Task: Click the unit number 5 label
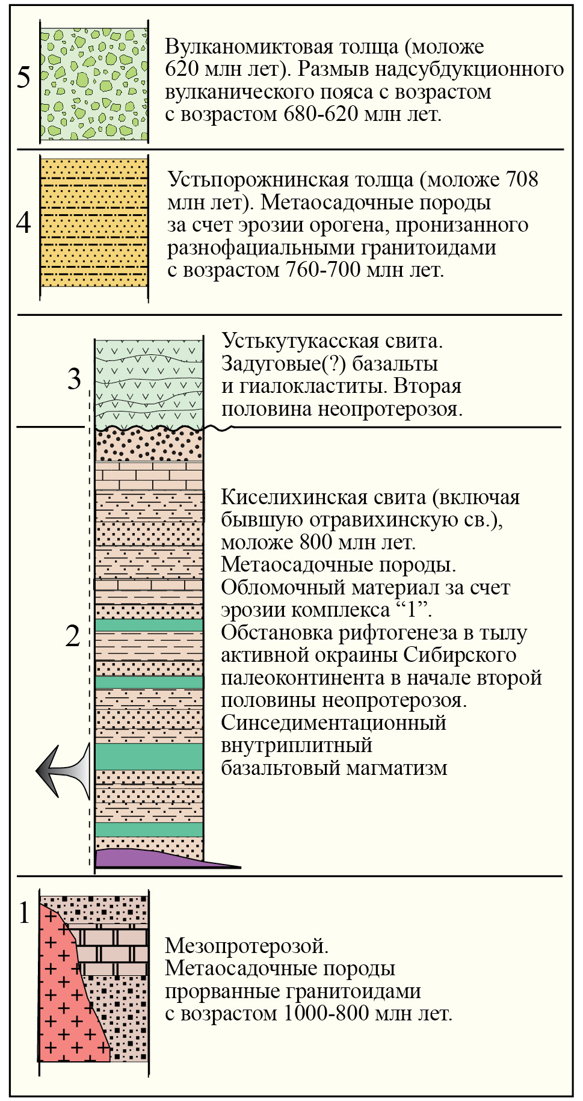pos(23,78)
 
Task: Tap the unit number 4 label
pos(23,223)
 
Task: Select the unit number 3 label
pos(74,379)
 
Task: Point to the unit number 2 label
pos(73,637)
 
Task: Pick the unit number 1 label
pos(24,913)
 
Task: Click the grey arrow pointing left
pos(63,771)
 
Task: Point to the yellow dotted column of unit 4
pos(94,223)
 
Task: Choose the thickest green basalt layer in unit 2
pos(149,757)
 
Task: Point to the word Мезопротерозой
pos(247,946)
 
